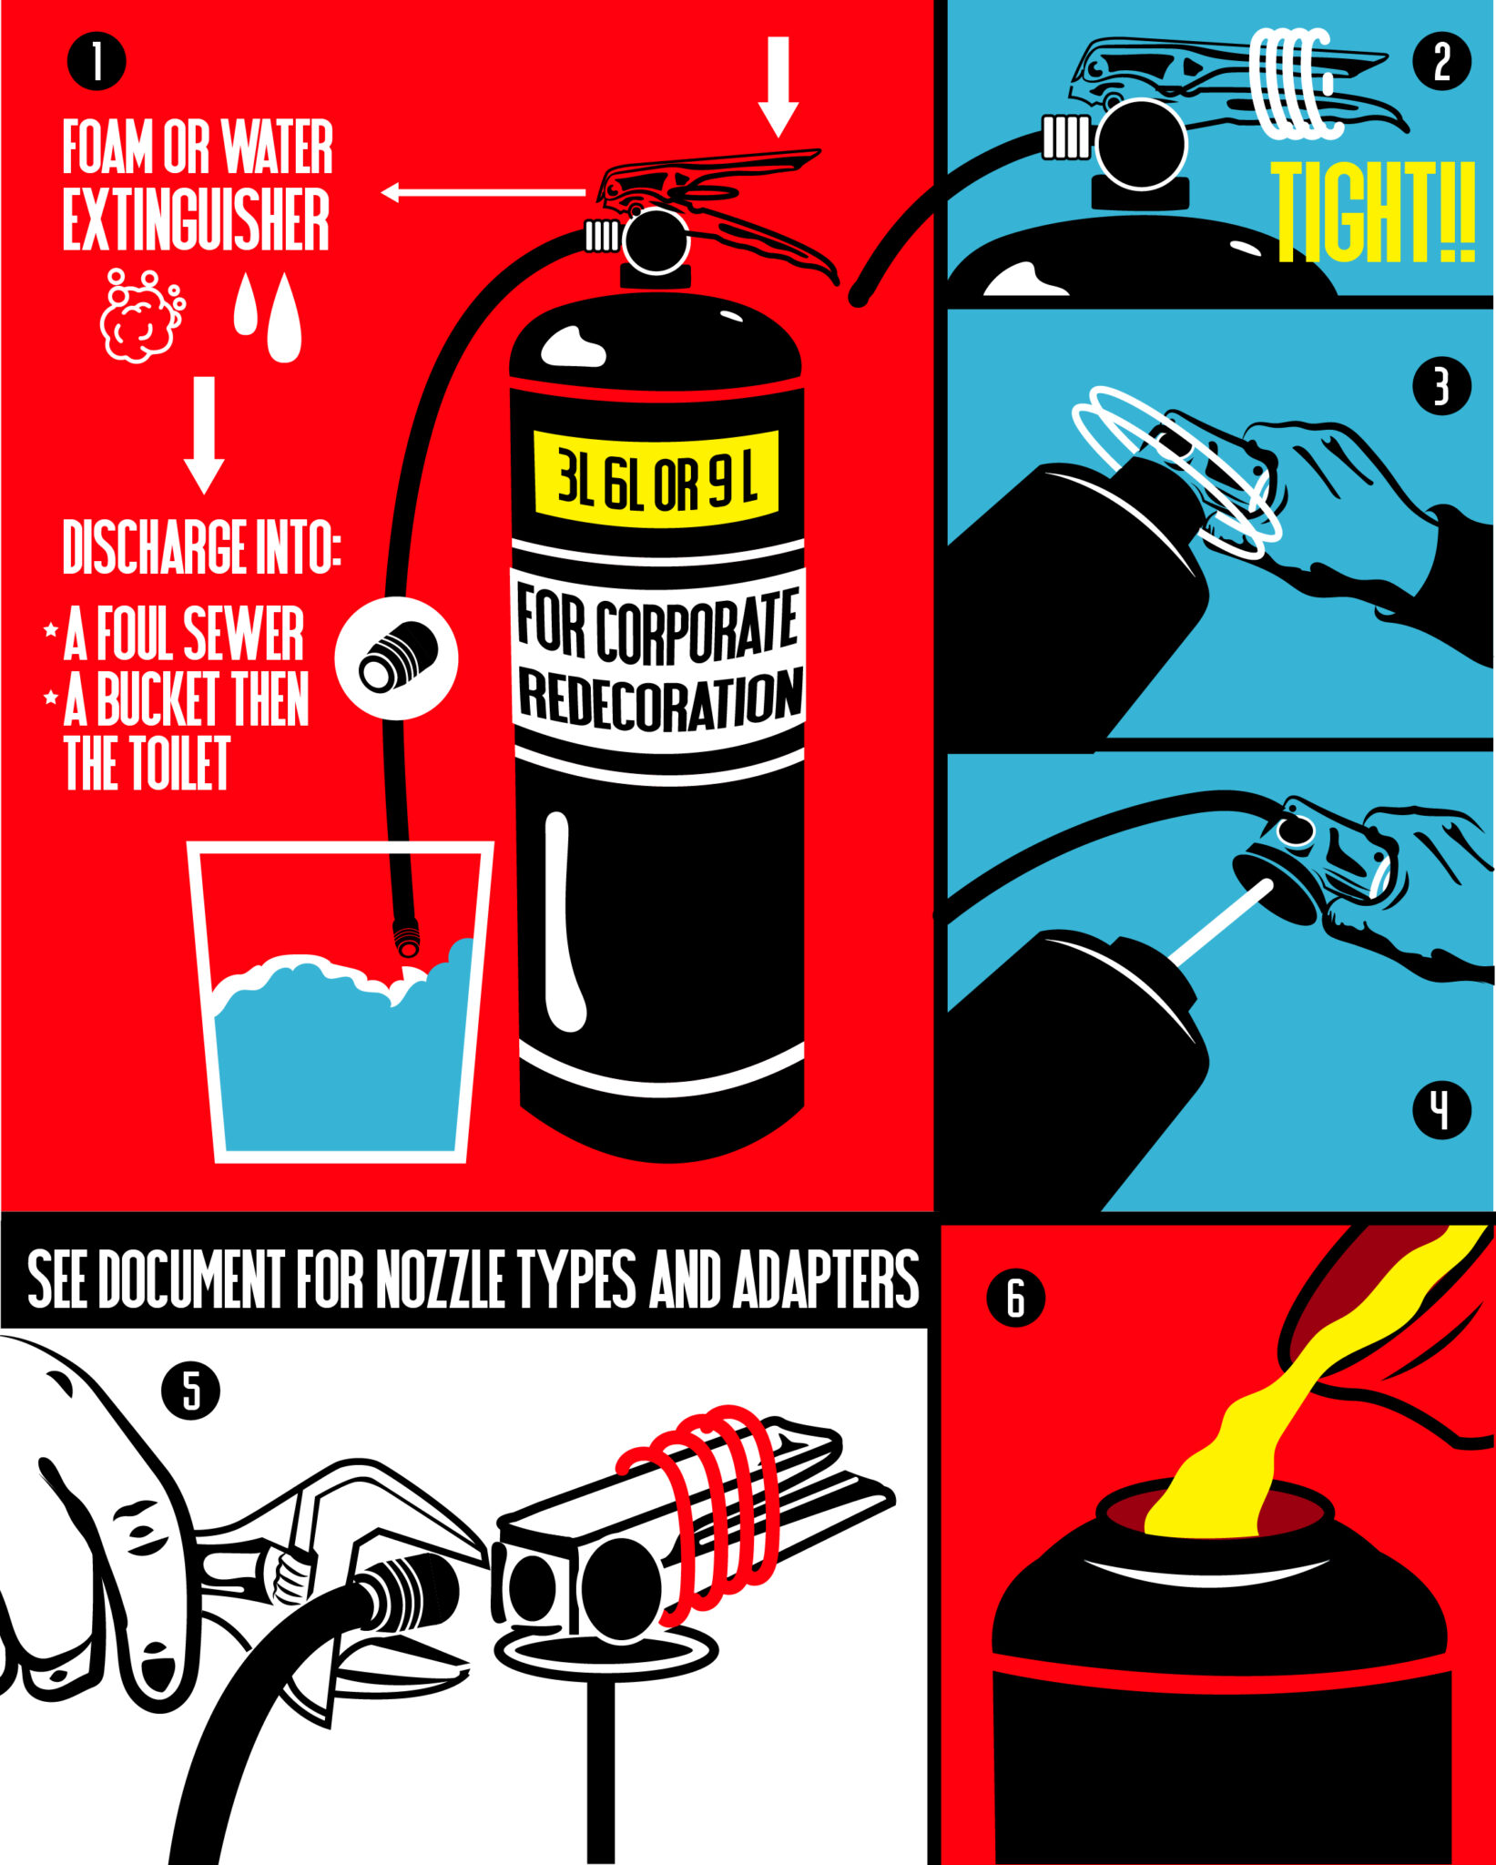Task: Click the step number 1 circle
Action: click(96, 61)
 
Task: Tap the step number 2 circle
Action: click(1441, 61)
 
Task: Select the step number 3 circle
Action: click(1441, 386)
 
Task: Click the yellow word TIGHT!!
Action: click(1372, 211)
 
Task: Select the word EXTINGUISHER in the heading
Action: click(196, 219)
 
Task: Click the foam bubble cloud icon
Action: click(142, 315)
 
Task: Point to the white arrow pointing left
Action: click(483, 192)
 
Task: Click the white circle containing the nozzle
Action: click(396, 657)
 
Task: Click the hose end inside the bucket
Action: click(406, 938)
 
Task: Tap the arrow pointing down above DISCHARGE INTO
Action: click(204, 434)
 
